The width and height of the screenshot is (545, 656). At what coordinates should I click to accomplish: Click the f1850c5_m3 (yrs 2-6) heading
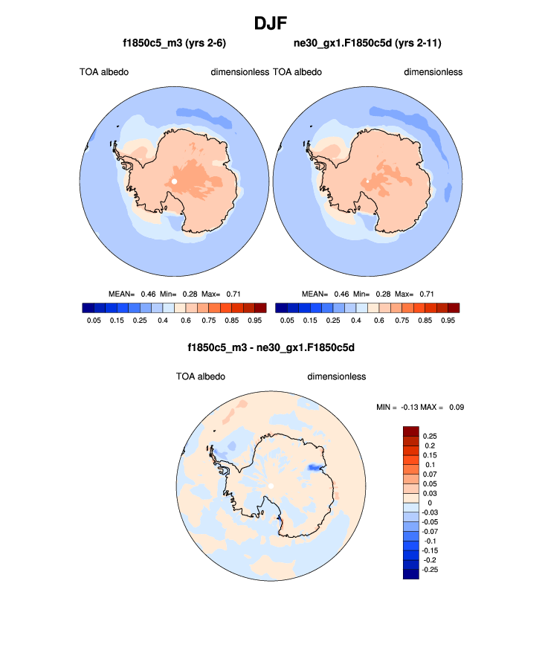tap(175, 44)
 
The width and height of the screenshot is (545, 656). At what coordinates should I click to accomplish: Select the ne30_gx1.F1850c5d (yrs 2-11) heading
tap(368, 44)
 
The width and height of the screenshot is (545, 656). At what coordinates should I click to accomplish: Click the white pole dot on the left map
tap(174, 181)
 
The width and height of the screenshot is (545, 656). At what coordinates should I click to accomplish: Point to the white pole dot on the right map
tap(367, 181)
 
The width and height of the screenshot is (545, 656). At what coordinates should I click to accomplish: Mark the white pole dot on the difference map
tap(271, 486)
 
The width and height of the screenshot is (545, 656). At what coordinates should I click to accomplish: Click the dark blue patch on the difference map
tap(315, 467)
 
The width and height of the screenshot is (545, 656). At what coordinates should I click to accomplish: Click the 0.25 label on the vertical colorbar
tap(430, 434)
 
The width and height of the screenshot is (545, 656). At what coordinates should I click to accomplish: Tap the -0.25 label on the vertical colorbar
tap(430, 569)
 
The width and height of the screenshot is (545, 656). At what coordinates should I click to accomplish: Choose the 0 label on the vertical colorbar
tap(429, 503)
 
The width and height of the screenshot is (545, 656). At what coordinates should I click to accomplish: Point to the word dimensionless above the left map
tap(239, 72)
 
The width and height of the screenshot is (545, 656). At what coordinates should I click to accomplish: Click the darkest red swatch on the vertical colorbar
tap(411, 431)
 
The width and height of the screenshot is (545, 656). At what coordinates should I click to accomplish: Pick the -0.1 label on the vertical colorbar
tap(430, 540)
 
